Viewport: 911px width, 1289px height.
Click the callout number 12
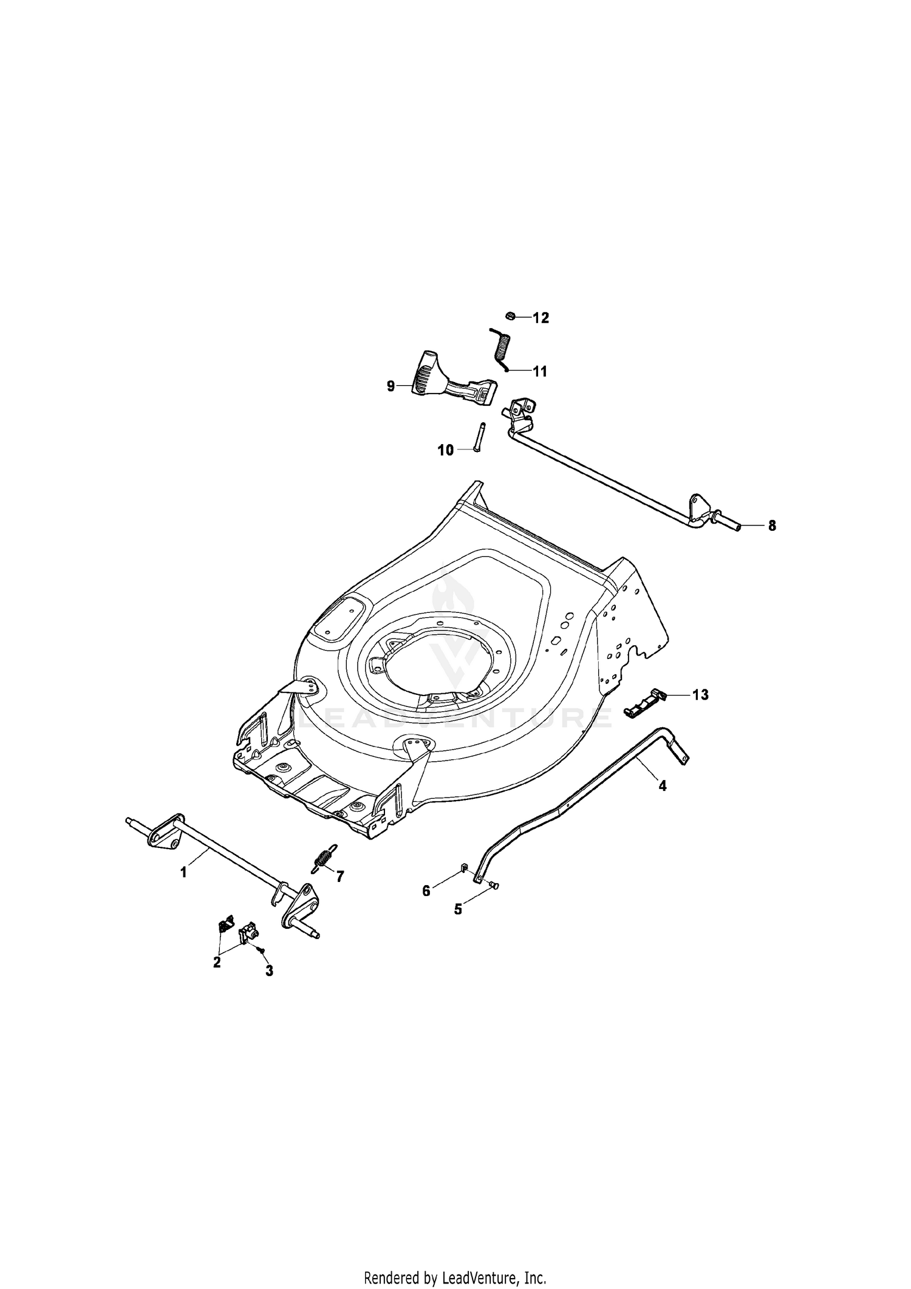541,318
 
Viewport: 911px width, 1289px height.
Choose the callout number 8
772,526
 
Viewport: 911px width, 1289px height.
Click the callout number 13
700,694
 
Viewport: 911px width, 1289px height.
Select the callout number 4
663,785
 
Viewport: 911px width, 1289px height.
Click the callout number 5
458,909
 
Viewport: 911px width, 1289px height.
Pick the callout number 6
426,891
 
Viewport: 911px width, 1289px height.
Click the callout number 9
391,386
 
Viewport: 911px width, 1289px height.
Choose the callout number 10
446,450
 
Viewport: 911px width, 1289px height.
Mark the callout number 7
340,876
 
